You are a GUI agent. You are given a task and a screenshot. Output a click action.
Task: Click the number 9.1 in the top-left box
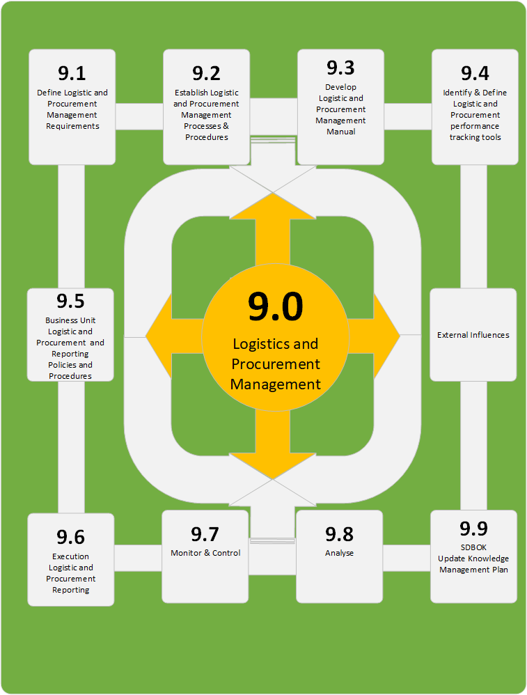[x=72, y=73]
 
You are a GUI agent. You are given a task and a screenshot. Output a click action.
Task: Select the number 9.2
[x=206, y=73]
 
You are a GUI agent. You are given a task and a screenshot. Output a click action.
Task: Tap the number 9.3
[x=340, y=68]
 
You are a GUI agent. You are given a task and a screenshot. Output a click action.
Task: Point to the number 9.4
[x=475, y=73]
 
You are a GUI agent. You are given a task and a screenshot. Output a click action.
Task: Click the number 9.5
[x=70, y=302]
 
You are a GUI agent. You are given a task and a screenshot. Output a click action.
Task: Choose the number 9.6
[x=70, y=537]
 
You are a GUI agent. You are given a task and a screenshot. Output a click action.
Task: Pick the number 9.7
[x=205, y=534]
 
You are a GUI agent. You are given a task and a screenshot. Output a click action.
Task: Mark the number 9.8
[x=339, y=534]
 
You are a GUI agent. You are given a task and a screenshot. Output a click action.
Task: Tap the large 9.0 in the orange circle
[x=276, y=307]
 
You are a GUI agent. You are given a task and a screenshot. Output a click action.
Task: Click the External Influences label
[x=473, y=335]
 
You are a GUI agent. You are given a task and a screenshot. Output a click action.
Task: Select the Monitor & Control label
[x=205, y=553]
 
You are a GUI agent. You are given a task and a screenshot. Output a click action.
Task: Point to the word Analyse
[x=339, y=553]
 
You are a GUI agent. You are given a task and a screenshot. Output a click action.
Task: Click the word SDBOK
[x=473, y=547]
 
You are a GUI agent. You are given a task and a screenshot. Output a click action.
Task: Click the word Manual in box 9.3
[x=341, y=132]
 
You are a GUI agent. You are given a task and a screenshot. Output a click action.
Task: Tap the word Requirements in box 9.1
[x=72, y=126]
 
